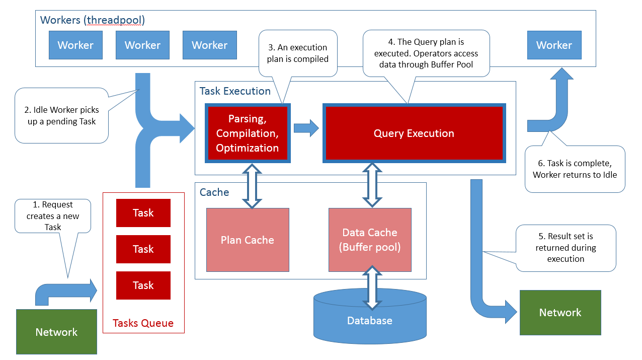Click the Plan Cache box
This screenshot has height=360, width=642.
(x=248, y=240)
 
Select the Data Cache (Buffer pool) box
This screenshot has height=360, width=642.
(x=370, y=240)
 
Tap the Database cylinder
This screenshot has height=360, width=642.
(x=370, y=321)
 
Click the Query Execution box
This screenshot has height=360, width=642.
(x=414, y=133)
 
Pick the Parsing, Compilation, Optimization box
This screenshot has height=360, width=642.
(x=247, y=133)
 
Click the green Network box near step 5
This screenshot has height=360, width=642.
(x=560, y=313)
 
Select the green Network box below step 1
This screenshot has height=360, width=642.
(x=56, y=332)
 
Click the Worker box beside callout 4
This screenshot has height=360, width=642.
(x=554, y=45)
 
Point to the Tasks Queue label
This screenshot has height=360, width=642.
(x=143, y=323)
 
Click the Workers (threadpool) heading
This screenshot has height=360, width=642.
(x=92, y=20)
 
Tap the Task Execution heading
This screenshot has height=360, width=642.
(x=235, y=91)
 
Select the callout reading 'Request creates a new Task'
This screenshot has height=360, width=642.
(x=52, y=215)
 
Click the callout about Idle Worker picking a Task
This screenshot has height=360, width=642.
(x=61, y=116)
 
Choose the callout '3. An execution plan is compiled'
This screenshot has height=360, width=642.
(x=297, y=53)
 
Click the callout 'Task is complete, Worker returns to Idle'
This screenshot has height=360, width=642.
(x=575, y=169)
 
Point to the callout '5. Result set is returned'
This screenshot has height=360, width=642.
(x=566, y=248)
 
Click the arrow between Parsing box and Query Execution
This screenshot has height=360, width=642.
(x=306, y=128)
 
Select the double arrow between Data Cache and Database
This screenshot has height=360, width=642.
(x=371, y=288)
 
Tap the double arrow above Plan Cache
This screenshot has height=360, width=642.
(x=253, y=185)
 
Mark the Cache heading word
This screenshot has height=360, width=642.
(x=214, y=192)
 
